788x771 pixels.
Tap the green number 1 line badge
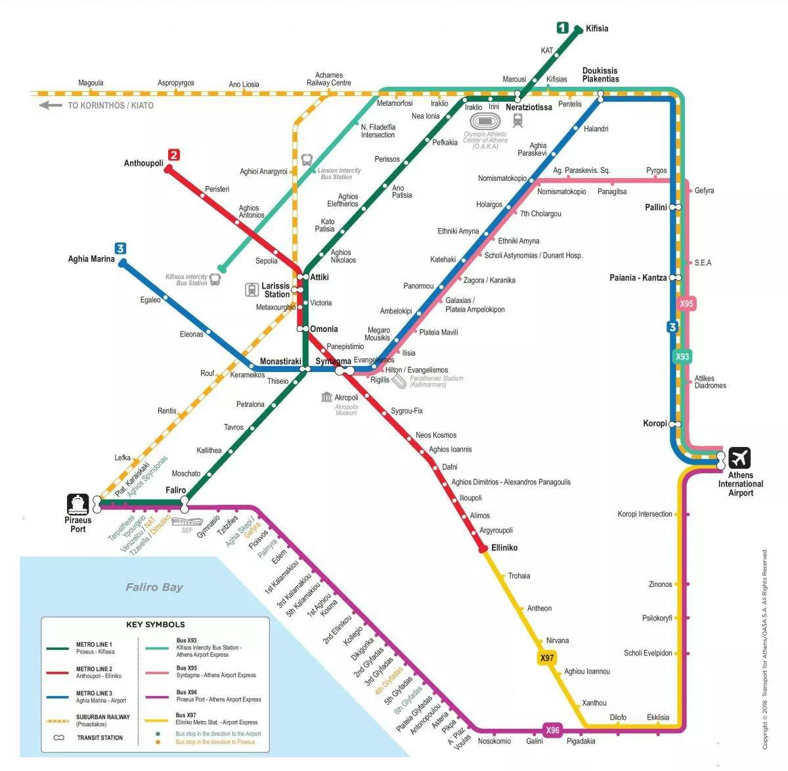(562, 28)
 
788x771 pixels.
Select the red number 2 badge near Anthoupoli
(173, 155)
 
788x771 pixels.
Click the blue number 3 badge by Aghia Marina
(120, 248)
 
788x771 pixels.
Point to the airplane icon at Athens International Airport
(739, 457)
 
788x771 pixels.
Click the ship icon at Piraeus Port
(77, 504)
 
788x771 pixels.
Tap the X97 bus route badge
(547, 658)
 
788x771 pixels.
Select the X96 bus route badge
(553, 730)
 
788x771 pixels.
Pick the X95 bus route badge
(686, 304)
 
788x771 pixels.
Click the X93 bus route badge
(683, 356)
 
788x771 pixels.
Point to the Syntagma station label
(333, 362)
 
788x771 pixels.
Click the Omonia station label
(324, 329)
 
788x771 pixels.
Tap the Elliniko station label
(504, 548)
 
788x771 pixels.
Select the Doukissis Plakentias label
(600, 75)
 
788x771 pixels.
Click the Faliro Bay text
(154, 587)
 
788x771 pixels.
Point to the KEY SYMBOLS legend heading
(156, 624)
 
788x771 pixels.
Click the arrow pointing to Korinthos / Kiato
(50, 105)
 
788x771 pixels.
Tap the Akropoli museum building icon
(327, 397)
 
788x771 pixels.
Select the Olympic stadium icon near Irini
(486, 121)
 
